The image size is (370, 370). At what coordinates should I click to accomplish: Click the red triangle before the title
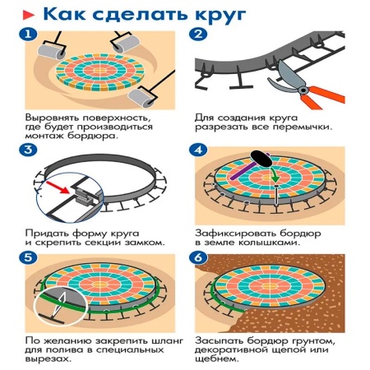click(x=28, y=15)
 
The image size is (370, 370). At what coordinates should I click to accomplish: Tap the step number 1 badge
click(x=28, y=35)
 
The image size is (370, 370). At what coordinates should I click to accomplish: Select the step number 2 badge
click(x=198, y=35)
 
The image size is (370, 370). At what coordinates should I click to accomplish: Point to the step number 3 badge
click(x=28, y=150)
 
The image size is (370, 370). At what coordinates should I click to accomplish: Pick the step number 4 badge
click(x=198, y=150)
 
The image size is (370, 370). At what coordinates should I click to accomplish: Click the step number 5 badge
click(x=28, y=257)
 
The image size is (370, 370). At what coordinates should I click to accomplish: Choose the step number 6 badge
click(x=198, y=257)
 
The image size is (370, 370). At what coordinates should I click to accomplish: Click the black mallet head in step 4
click(x=261, y=159)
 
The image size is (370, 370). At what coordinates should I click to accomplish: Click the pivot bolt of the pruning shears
click(x=303, y=90)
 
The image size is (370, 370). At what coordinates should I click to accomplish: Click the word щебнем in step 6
click(x=217, y=359)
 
